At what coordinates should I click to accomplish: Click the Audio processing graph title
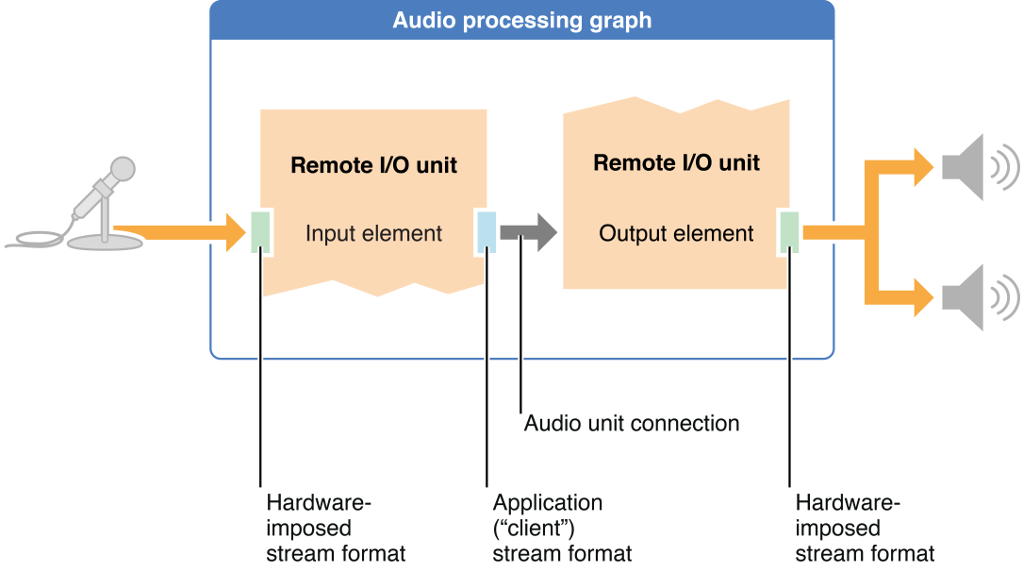[521, 20]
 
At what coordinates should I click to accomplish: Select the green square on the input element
[261, 232]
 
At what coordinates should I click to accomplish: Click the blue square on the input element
[487, 232]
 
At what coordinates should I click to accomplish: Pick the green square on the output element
[789, 232]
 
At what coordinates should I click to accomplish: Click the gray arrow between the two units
[528, 232]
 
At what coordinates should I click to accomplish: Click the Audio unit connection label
[631, 423]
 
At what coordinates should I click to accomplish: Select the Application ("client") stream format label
[562, 528]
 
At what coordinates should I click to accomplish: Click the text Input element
[373, 233]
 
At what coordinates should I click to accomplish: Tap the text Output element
[676, 233]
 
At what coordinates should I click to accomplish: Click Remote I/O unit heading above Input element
[373, 166]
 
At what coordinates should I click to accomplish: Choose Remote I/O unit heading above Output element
[676, 162]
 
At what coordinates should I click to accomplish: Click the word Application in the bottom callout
[547, 503]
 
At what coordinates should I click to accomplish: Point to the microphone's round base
[107, 242]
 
